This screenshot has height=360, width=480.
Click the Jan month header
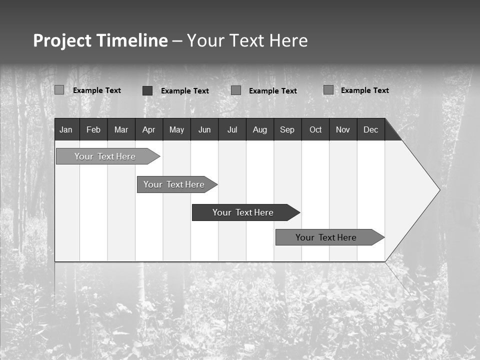tap(66, 129)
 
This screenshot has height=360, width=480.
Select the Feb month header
tap(93, 129)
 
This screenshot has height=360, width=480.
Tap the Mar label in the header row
tap(121, 129)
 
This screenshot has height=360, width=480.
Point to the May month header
tap(176, 129)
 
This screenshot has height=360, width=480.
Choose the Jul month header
tap(232, 129)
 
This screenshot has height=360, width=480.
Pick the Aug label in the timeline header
tap(259, 129)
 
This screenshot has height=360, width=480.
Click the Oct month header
tap(315, 129)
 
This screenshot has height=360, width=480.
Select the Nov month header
tap(343, 129)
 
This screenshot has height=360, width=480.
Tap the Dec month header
tap(370, 129)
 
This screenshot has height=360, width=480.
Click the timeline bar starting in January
tap(105, 156)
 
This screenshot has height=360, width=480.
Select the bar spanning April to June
tap(174, 184)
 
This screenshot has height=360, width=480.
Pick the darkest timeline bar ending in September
tap(243, 212)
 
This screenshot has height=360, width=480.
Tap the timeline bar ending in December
tap(326, 237)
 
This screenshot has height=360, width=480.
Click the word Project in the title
tap(62, 40)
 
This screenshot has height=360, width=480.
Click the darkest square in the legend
tap(147, 90)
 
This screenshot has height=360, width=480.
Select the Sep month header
tap(287, 129)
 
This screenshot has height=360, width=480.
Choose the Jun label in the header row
tap(204, 129)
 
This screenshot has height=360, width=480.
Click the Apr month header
tap(148, 129)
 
